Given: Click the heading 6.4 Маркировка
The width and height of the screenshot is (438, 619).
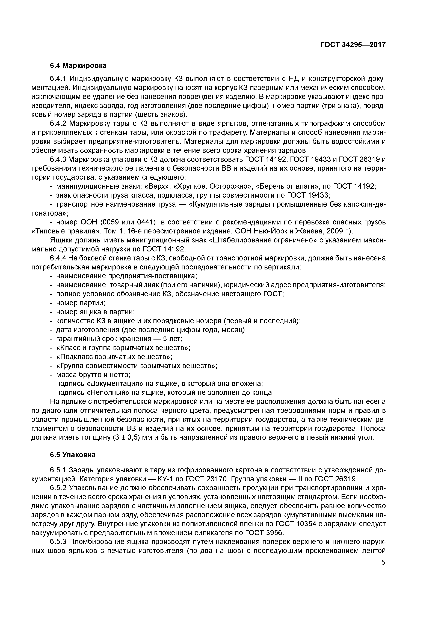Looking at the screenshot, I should [x=78, y=65].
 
